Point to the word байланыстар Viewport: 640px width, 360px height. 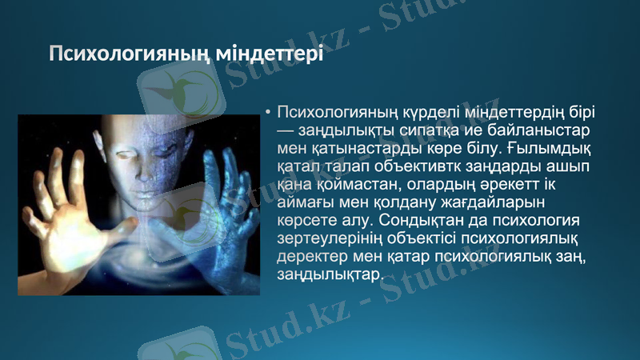546,130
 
